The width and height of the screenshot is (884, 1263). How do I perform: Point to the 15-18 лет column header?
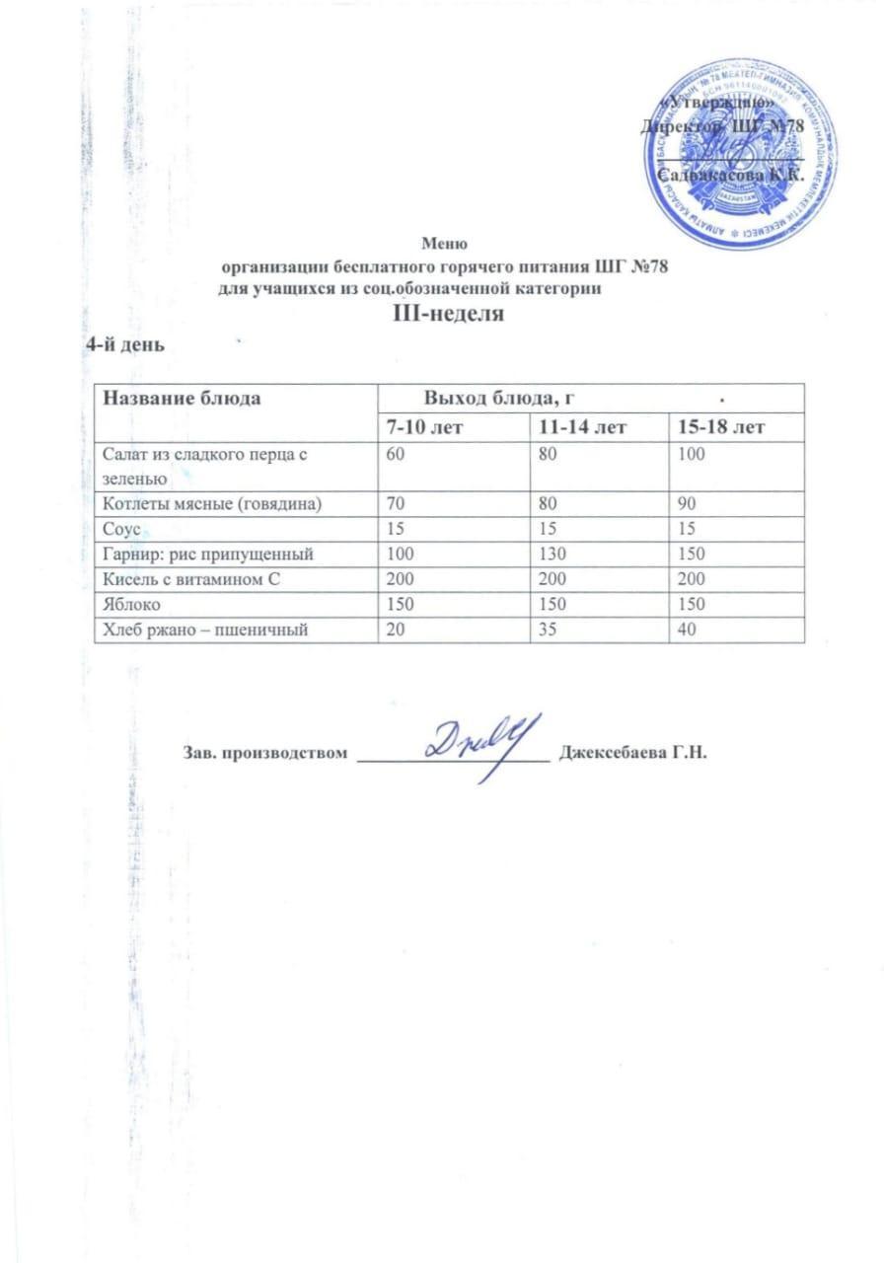pyautogui.click(x=716, y=427)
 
